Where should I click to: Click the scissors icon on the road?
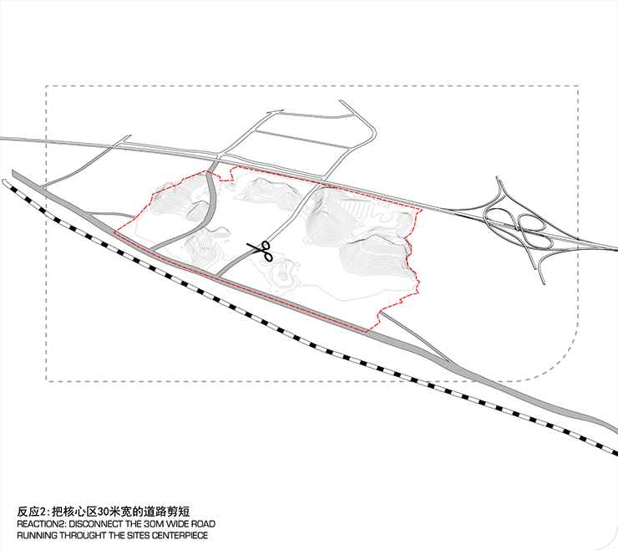tap(261, 251)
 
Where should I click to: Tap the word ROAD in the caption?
tap(203, 524)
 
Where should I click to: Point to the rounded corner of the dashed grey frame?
tap(560, 362)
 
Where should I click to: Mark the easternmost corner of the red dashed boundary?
tap(422, 210)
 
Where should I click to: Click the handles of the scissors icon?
tap(267, 251)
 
